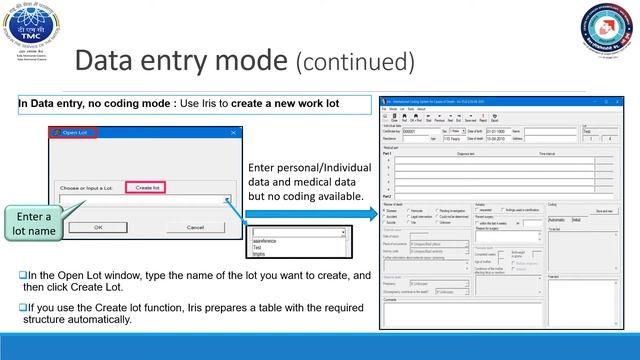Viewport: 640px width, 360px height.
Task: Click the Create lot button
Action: click(x=148, y=187)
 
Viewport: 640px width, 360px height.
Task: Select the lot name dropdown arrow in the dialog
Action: click(x=227, y=200)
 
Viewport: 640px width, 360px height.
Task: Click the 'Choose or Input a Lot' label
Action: click(x=89, y=187)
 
